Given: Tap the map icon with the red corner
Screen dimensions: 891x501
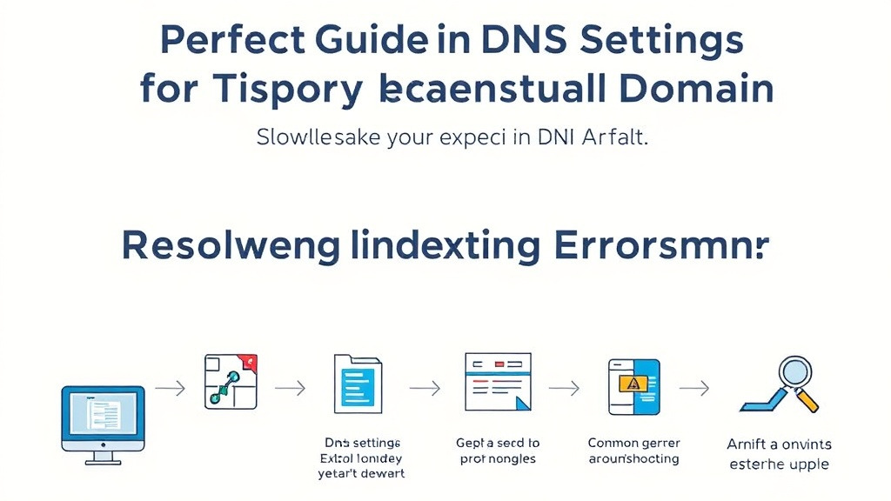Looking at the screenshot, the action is tap(231, 381).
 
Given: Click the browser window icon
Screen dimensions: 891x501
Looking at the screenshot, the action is tap(497, 382).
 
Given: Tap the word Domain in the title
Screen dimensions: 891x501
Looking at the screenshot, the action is tap(688, 90).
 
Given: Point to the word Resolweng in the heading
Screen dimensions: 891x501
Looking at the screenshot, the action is tap(231, 247).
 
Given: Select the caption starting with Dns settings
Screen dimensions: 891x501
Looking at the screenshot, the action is tap(361, 458).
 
